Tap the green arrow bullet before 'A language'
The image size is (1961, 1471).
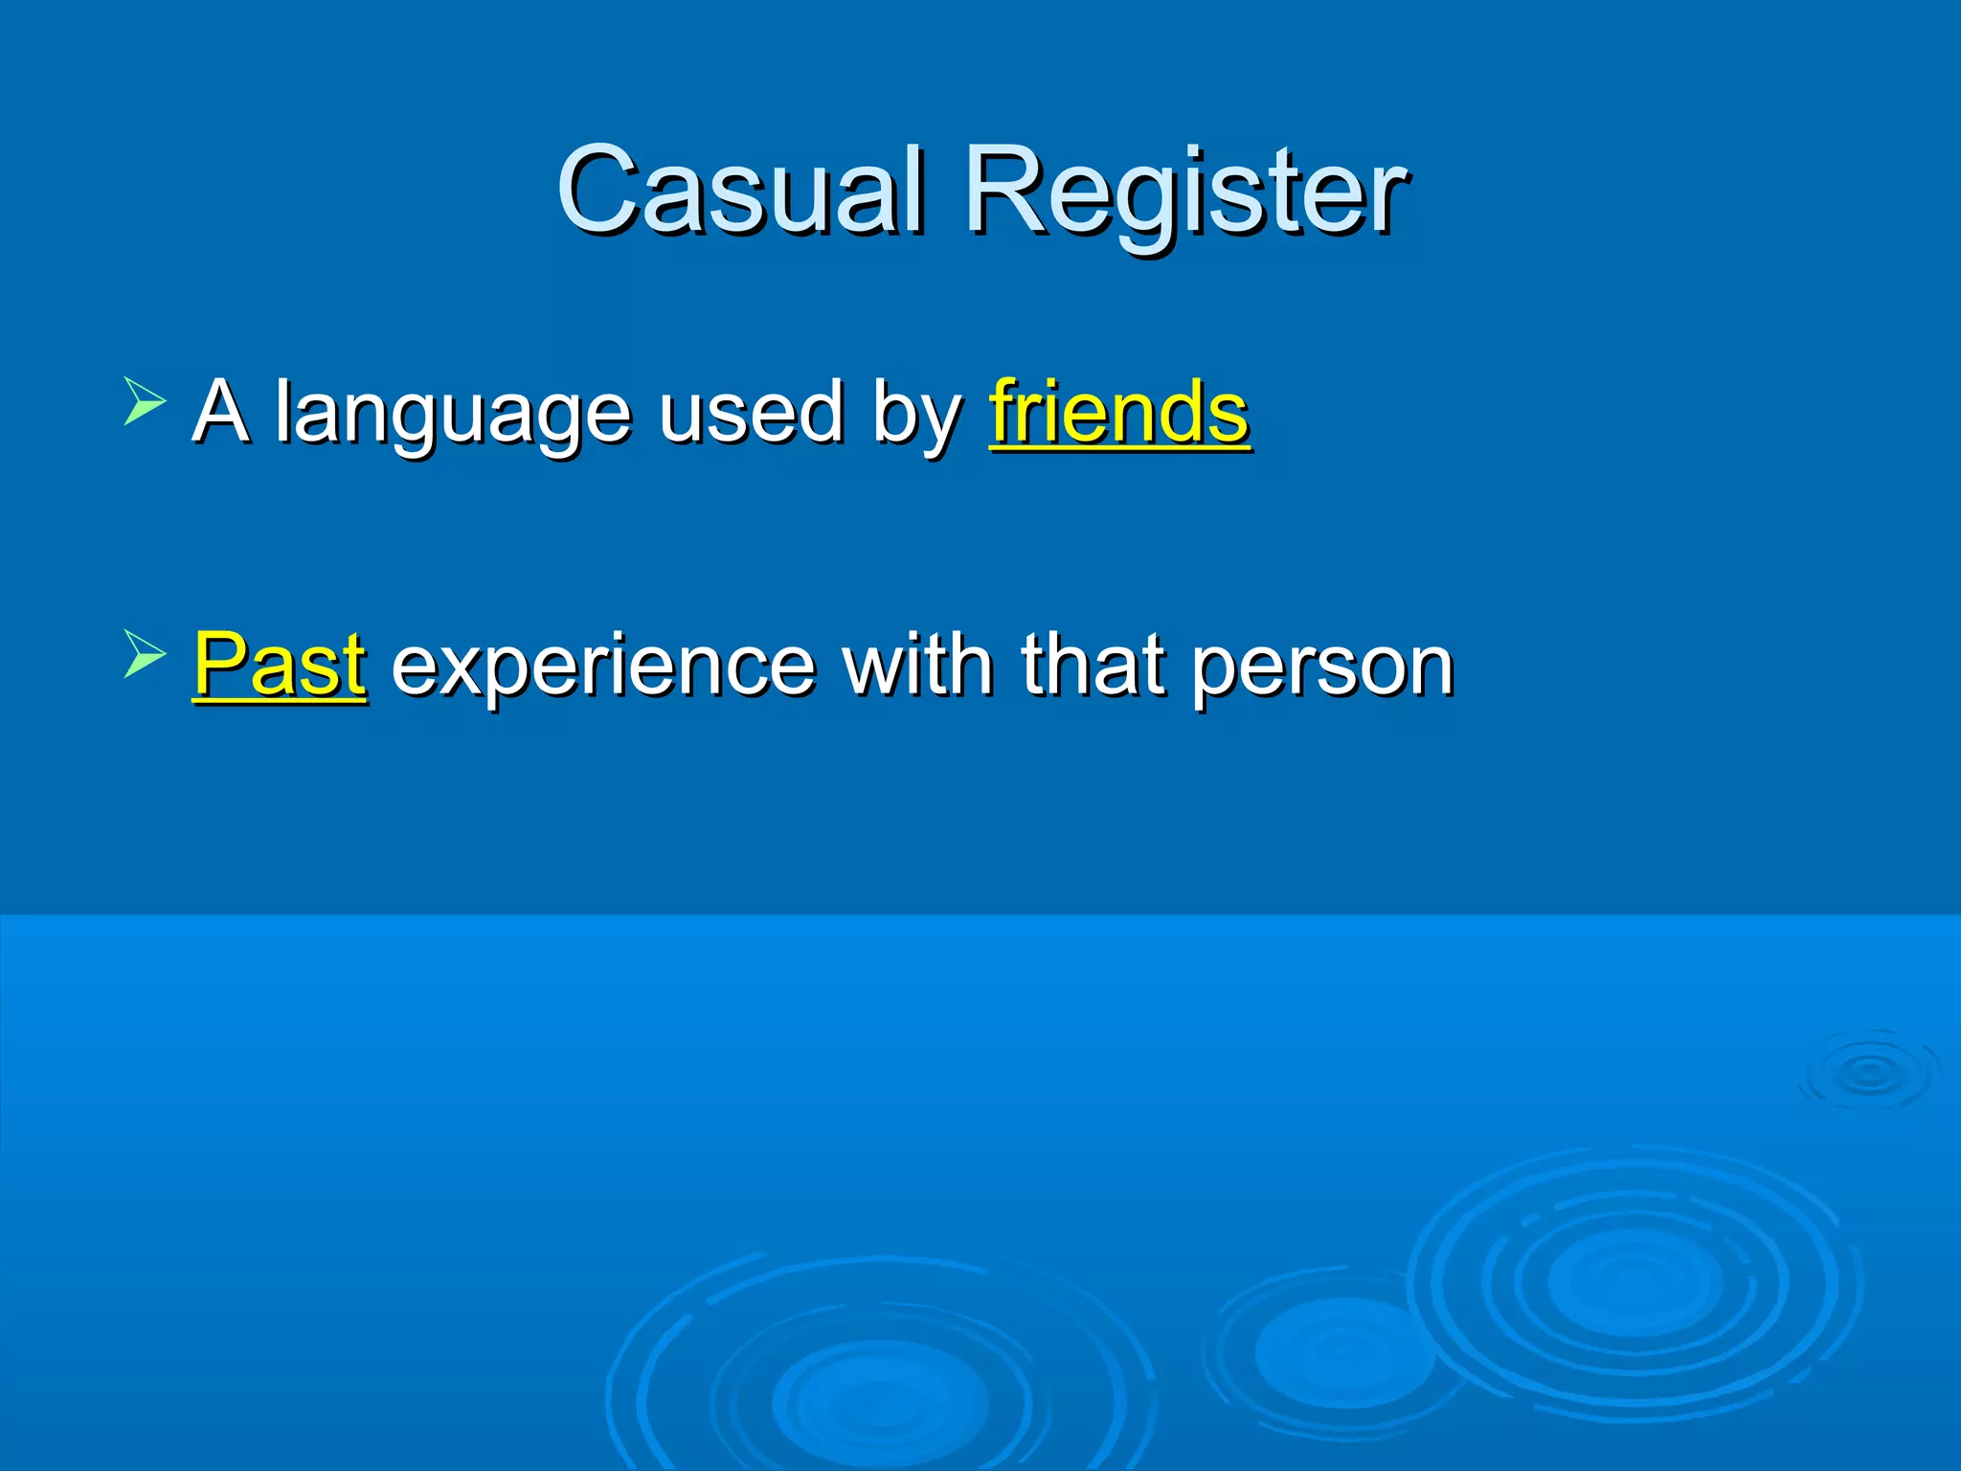[145, 401]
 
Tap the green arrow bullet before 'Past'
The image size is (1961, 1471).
[145, 655]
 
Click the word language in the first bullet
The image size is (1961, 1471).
[452, 414]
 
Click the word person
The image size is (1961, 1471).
[1323, 668]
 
